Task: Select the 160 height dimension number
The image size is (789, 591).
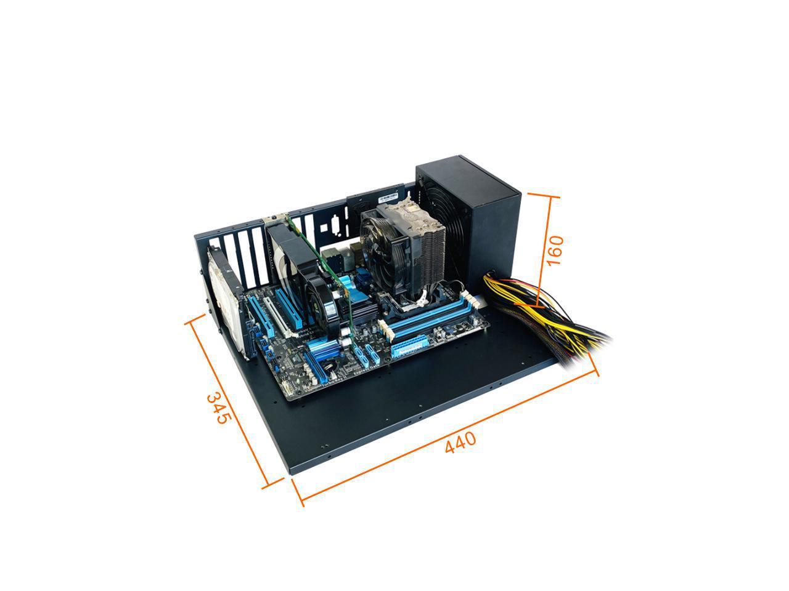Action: coord(554,249)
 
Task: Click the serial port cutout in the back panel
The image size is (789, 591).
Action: coord(333,226)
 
